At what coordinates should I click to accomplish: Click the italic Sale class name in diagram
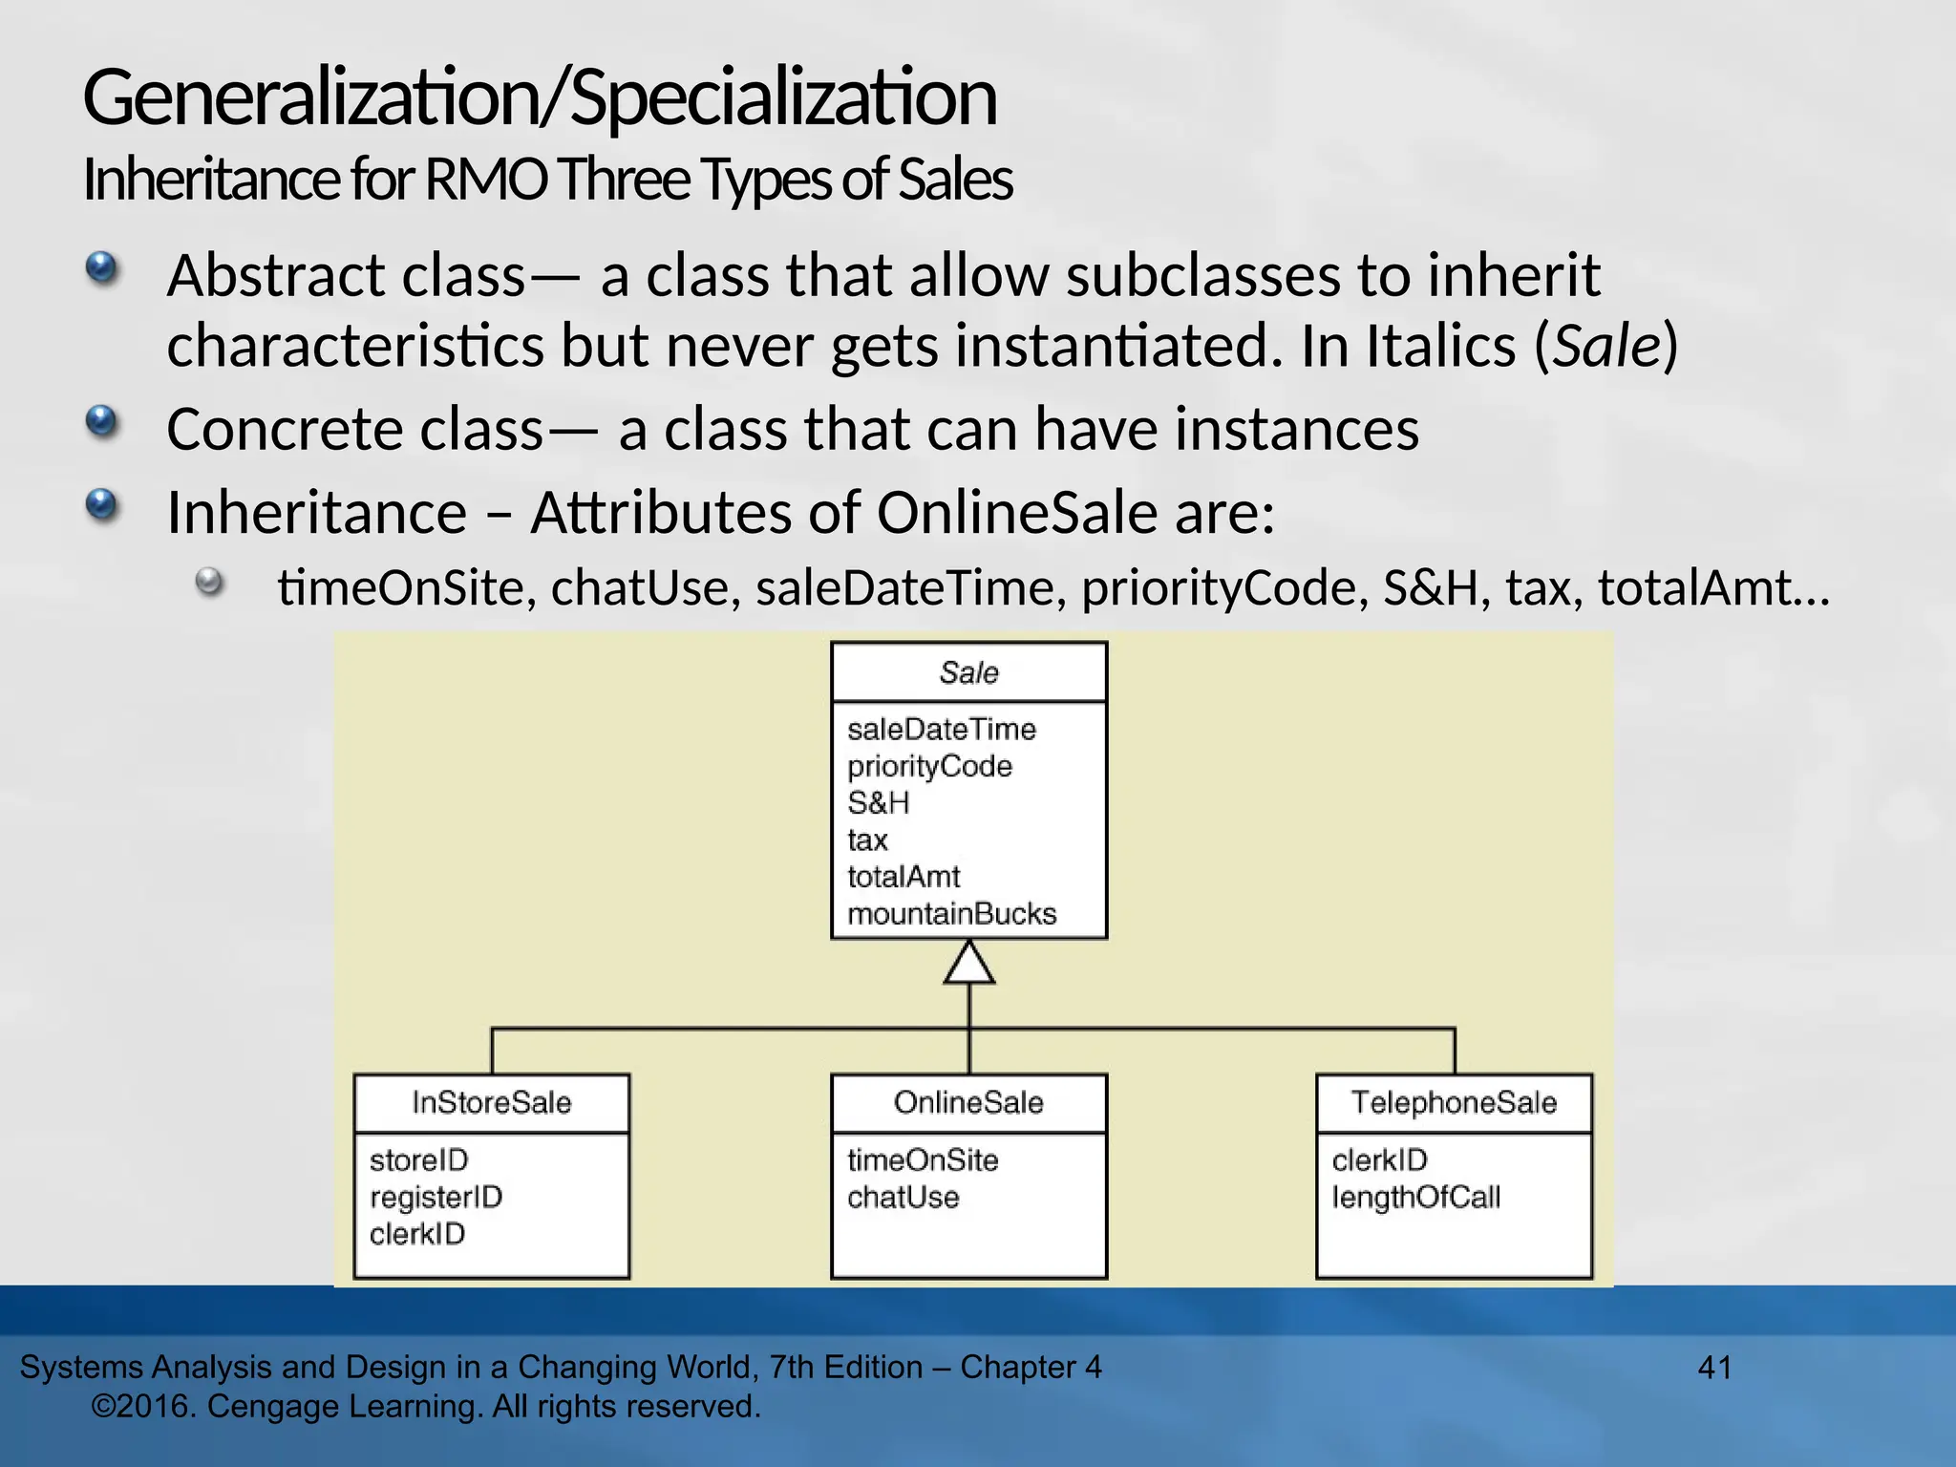tap(968, 673)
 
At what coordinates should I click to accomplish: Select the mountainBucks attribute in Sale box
tap(951, 914)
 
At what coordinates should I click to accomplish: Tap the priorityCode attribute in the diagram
tap(929, 766)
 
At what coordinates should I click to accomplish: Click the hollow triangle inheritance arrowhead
tap(969, 964)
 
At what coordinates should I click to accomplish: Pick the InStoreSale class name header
tap(491, 1103)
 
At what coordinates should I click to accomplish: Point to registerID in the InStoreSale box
tap(436, 1197)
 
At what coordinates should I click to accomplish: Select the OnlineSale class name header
tap(968, 1103)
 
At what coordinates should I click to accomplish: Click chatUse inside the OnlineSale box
tap(903, 1197)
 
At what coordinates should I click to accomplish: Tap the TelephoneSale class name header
tap(1454, 1103)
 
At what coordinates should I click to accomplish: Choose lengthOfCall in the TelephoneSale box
tap(1415, 1197)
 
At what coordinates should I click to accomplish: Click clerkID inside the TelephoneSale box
tap(1379, 1160)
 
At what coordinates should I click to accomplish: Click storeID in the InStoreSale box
tap(418, 1160)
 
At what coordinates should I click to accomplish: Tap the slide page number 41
tap(1714, 1368)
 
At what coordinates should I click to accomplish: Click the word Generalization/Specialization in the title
tap(540, 98)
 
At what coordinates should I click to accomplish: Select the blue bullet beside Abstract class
tap(101, 268)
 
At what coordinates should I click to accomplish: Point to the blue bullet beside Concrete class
tap(101, 421)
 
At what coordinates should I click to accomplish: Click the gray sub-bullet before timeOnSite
tap(209, 582)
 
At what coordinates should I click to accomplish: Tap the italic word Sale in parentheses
tap(1607, 346)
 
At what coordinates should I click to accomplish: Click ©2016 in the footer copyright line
tap(143, 1407)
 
